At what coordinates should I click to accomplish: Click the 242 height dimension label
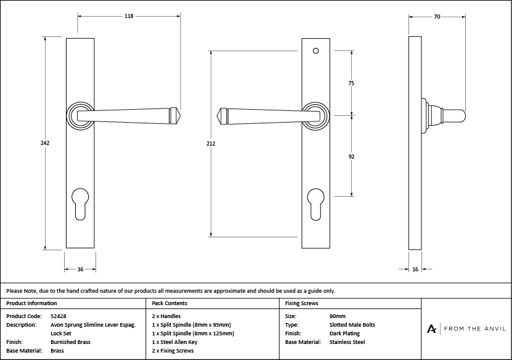(45, 143)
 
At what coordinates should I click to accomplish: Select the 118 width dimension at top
(129, 17)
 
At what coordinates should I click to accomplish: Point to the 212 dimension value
(211, 144)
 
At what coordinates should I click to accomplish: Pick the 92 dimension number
(351, 157)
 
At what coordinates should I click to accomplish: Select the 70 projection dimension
(436, 17)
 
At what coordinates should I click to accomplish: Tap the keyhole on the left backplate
(80, 203)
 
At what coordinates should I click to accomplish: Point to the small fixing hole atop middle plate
(315, 51)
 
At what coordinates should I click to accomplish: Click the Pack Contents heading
(169, 303)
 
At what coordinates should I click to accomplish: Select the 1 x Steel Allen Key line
(174, 342)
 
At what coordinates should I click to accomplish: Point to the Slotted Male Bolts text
(352, 324)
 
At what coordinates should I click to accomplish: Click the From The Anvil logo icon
(433, 329)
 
